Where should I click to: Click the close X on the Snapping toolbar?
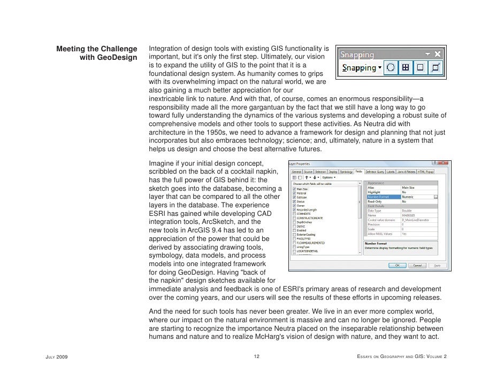[438, 55]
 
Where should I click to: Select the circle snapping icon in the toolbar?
[391, 68]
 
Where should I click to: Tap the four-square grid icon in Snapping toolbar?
[406, 68]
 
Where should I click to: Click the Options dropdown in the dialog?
[328, 177]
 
